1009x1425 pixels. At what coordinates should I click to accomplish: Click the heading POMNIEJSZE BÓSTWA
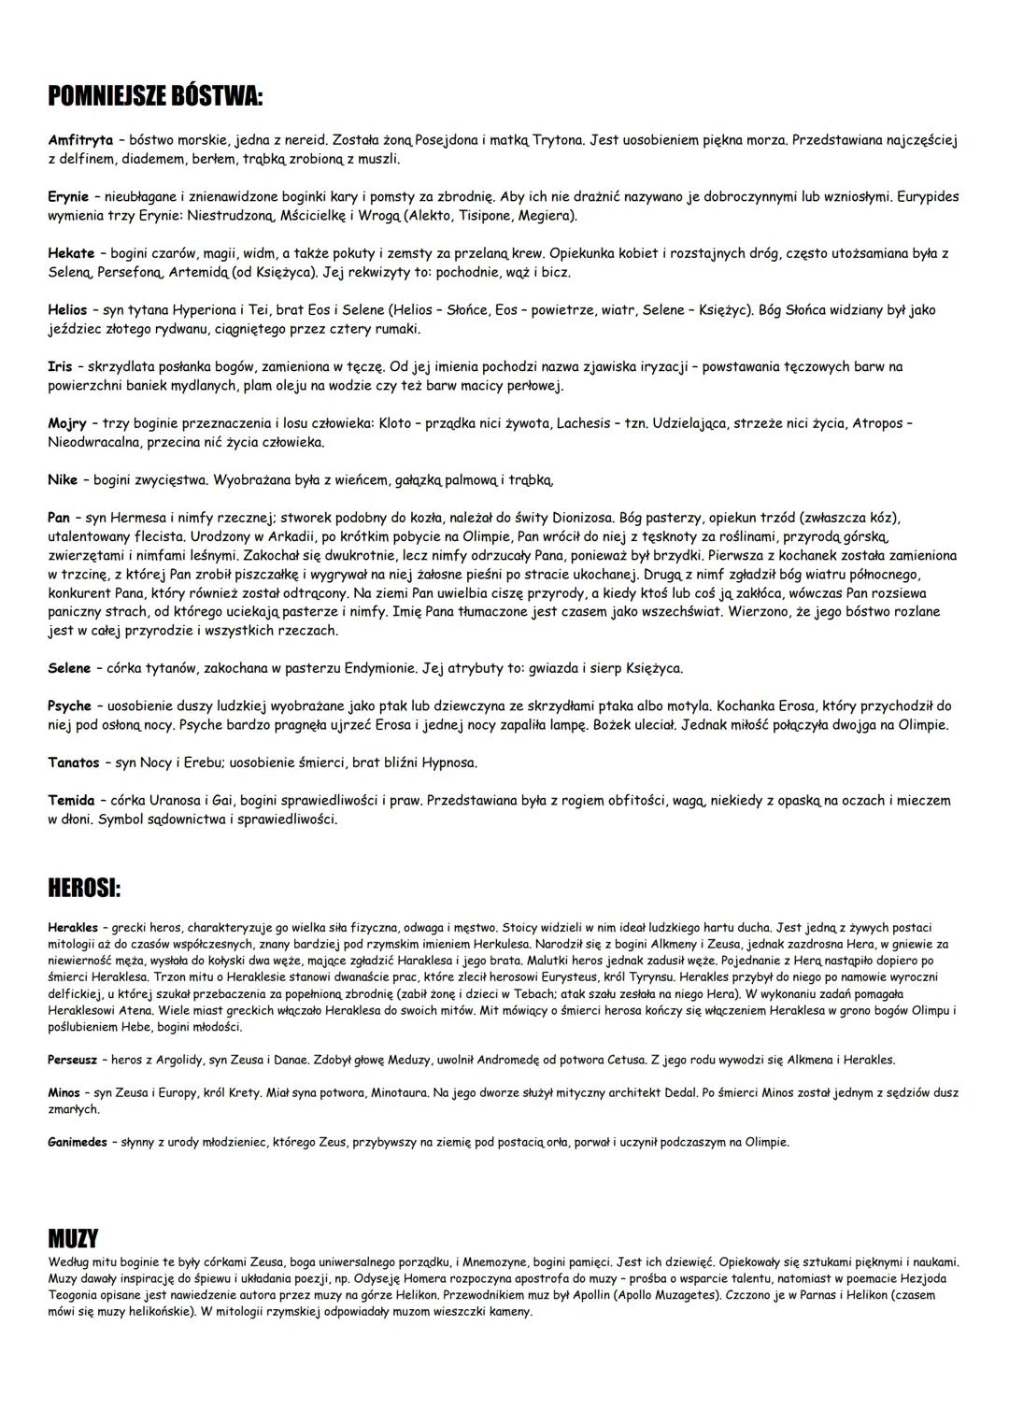point(155,96)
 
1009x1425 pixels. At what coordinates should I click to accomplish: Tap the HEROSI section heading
point(84,888)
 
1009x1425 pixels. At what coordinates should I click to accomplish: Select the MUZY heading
point(73,1239)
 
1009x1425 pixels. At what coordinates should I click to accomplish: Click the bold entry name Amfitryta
point(80,140)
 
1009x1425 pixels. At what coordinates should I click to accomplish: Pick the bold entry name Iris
point(60,367)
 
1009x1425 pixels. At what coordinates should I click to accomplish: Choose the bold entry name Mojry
point(67,424)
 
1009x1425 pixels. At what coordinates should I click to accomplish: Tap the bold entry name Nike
point(63,480)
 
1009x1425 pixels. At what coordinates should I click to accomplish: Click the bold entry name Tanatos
point(73,763)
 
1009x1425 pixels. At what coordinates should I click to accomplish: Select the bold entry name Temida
point(71,801)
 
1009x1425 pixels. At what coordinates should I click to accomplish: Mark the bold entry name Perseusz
point(74,1060)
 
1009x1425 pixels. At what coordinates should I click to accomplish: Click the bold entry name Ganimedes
point(78,1142)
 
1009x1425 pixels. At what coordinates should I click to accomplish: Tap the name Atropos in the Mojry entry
point(877,424)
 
